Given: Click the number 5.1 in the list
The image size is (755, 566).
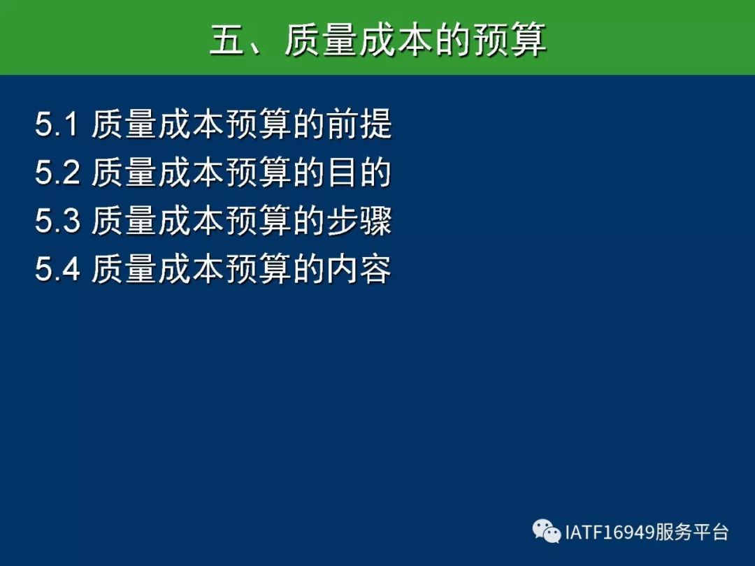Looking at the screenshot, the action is coord(57,124).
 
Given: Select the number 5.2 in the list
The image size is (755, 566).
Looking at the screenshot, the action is coord(57,173).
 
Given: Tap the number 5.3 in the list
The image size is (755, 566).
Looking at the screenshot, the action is coord(57,221).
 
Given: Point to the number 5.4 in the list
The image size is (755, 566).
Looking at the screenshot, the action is coord(57,269).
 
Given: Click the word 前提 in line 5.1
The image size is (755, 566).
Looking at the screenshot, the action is coord(359,124).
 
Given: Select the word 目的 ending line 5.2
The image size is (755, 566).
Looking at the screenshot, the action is coord(359,173).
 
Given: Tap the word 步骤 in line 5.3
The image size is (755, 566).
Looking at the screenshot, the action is coord(359,220).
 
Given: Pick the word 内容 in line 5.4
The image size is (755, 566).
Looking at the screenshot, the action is coord(359,268).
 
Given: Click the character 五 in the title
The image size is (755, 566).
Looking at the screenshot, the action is coord(227,39).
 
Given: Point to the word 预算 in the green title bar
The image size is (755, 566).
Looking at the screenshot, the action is coord(510,39).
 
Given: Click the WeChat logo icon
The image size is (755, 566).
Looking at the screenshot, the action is coord(547,531).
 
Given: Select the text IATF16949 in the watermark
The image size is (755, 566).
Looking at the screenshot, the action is coord(609,532).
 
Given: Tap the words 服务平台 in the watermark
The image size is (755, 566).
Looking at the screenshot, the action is coord(691,532).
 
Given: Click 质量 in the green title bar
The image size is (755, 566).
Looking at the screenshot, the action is coord(321,39).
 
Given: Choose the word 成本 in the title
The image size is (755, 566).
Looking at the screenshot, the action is coord(396,39).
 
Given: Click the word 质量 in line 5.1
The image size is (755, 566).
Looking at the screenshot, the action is coord(124,124).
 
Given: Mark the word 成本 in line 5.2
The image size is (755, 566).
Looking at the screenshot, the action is coord(191,173).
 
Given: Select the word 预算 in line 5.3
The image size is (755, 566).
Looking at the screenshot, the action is coord(259,220).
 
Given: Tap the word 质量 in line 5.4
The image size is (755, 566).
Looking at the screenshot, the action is coord(124,268).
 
